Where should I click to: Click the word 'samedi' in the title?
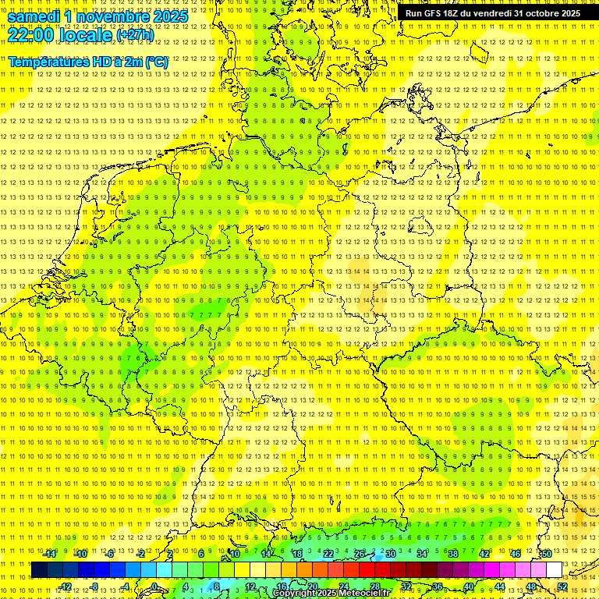point(35,16)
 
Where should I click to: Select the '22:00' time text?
point(30,35)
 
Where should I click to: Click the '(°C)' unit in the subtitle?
point(156,62)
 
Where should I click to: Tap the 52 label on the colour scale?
point(562,587)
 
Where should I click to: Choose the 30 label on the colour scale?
point(391,554)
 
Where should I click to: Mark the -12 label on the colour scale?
point(65,587)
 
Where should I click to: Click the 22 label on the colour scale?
point(328,554)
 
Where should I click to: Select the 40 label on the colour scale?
point(469,587)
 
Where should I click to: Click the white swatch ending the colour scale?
point(554,570)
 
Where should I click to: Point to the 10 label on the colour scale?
point(235,554)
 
